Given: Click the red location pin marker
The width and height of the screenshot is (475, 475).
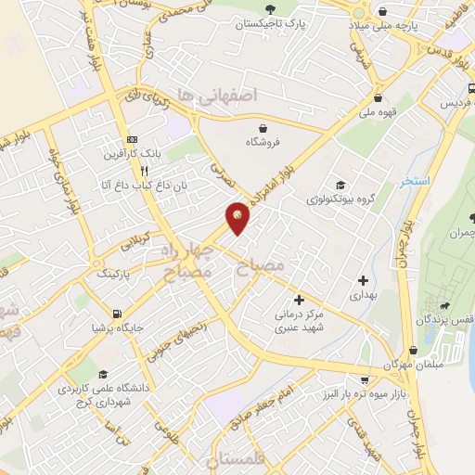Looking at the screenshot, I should [x=238, y=217].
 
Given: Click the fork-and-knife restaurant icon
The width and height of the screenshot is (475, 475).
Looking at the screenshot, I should [x=144, y=171].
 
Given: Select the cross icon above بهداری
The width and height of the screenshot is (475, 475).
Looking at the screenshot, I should [x=363, y=279].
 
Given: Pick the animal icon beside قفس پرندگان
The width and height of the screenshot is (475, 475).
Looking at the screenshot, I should [x=447, y=306].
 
